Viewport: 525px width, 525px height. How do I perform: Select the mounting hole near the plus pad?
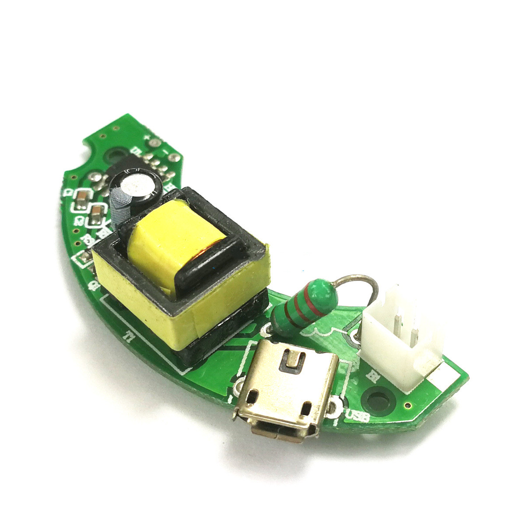[116, 155]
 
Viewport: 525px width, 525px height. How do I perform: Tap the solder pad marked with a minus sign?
[175, 158]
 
